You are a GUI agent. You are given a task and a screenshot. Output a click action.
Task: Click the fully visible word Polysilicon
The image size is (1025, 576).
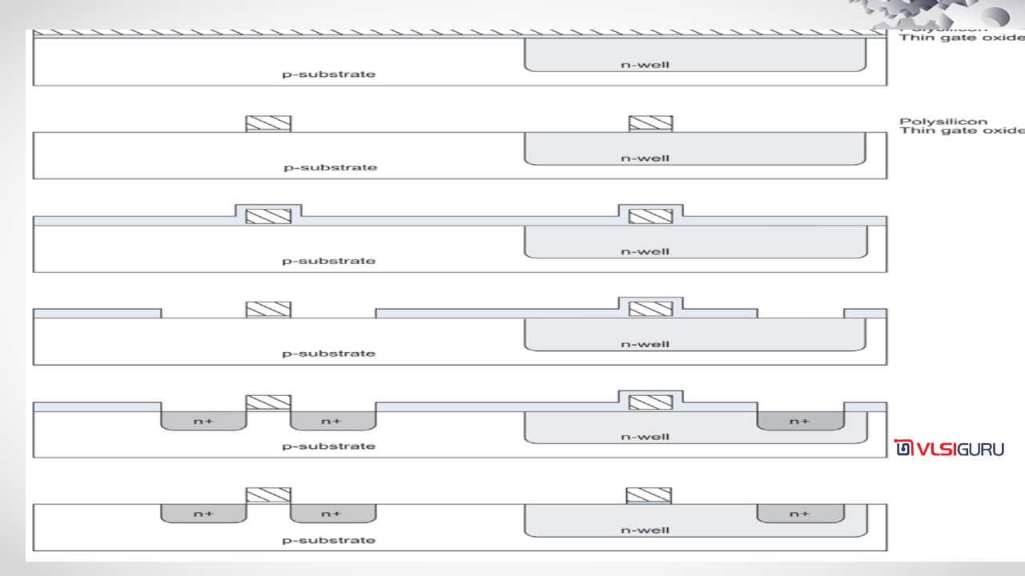click(x=932, y=122)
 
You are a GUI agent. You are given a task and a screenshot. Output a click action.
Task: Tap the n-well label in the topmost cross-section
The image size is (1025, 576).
click(x=645, y=65)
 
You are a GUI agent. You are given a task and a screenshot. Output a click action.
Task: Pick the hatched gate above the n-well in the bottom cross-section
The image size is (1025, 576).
click(x=649, y=495)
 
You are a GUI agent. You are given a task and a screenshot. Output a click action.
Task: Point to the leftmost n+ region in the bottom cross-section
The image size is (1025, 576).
click(x=203, y=514)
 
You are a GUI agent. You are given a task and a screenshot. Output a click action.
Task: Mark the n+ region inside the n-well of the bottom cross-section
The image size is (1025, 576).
click(x=799, y=514)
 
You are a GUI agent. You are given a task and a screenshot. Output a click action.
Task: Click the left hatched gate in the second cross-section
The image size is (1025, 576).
click(x=268, y=124)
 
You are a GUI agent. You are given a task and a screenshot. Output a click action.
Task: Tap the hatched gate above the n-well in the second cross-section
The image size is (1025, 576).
click(x=650, y=124)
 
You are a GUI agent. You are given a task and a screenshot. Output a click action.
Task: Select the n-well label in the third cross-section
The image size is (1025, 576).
click(x=645, y=251)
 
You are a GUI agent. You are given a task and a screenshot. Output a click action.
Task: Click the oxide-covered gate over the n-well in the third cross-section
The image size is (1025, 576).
click(x=650, y=216)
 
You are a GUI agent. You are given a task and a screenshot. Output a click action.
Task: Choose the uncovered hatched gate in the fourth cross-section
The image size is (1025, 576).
click(x=268, y=310)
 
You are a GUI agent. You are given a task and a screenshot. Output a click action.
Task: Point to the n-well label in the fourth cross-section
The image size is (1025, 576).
click(x=645, y=345)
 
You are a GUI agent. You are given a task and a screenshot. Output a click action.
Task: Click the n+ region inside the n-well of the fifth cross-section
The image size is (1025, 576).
click(x=799, y=421)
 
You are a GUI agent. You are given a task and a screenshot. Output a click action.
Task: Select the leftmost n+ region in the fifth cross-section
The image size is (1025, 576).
click(x=203, y=421)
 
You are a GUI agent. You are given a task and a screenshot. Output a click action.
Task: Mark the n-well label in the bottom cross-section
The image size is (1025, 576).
click(x=645, y=530)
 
